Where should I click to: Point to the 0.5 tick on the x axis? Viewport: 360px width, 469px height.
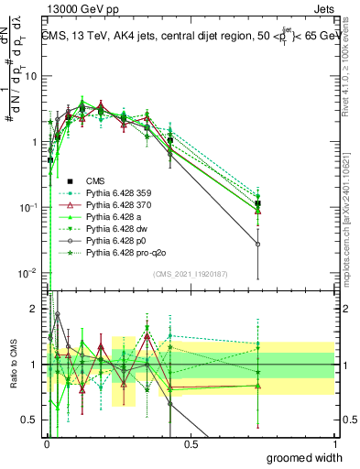(191, 445)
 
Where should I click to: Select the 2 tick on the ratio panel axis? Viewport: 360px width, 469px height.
(36, 310)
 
